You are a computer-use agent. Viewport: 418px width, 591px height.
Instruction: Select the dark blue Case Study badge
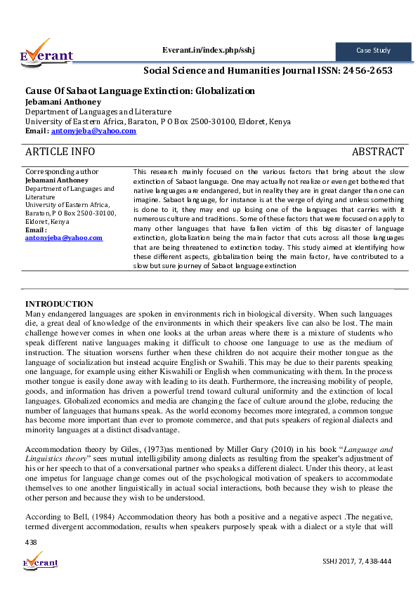tap(372, 51)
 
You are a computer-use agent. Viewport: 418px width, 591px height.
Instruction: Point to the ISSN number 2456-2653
tap(365, 70)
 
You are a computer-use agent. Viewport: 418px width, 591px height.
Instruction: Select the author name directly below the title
tap(58, 101)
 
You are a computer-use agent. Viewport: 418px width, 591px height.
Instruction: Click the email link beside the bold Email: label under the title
tap(93, 131)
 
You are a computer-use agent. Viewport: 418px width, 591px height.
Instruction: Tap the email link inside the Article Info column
tap(63, 238)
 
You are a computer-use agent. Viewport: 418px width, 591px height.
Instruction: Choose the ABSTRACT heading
tap(377, 152)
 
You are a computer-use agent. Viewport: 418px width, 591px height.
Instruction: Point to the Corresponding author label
tap(62, 171)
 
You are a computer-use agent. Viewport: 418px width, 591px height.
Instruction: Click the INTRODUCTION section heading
tap(59, 303)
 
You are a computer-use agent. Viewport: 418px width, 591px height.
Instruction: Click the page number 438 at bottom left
tap(31, 542)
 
